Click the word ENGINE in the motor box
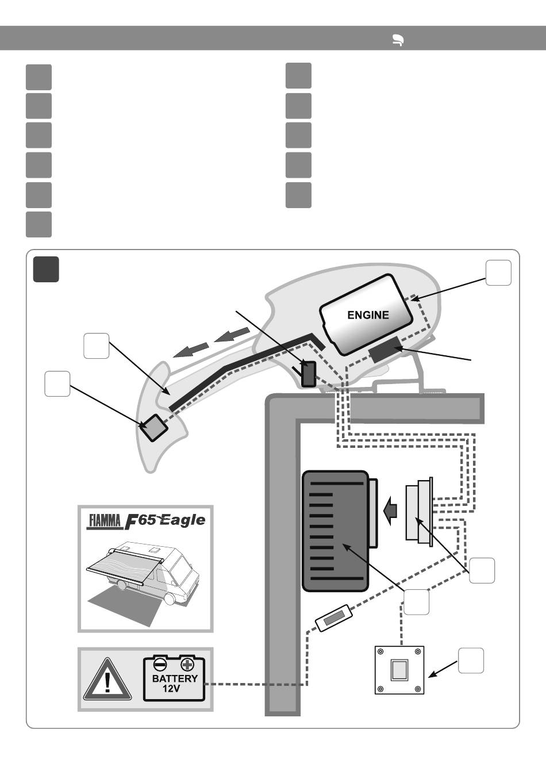click(x=368, y=315)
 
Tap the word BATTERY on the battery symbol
click(x=175, y=678)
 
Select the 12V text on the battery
click(x=171, y=689)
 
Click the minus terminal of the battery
click(x=160, y=665)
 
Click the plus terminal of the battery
click(x=187, y=665)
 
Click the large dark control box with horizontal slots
click(x=335, y=531)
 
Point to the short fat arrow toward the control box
click(x=390, y=511)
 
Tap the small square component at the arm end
click(x=153, y=428)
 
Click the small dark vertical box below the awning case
click(x=309, y=374)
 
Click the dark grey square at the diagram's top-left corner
click(x=46, y=269)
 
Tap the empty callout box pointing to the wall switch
click(x=471, y=661)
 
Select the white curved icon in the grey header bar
click(x=398, y=40)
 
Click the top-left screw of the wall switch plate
click(x=380, y=651)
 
